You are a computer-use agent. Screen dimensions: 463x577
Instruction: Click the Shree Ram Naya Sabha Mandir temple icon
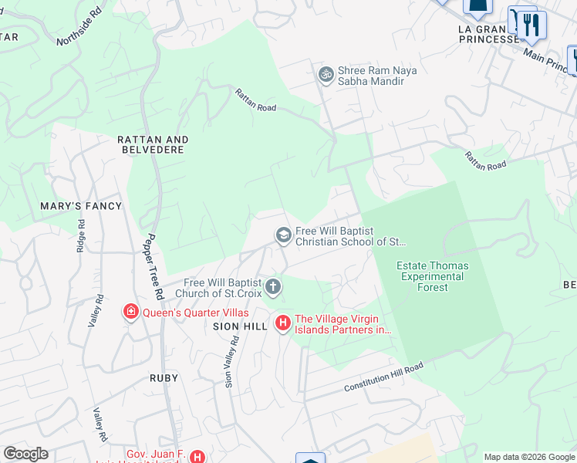(326, 74)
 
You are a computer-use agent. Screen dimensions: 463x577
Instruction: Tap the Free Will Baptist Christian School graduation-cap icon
(283, 235)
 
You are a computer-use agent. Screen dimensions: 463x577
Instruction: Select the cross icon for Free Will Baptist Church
(272, 288)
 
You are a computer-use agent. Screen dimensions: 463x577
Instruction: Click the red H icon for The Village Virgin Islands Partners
(283, 323)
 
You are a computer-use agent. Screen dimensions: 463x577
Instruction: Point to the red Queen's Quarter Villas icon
(131, 312)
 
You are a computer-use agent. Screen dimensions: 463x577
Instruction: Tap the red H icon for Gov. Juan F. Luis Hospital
(197, 457)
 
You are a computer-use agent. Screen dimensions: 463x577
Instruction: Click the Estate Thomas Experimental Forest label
(432, 276)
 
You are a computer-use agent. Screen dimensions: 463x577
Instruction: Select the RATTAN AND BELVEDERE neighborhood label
(151, 144)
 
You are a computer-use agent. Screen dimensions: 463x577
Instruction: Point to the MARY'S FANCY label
(82, 206)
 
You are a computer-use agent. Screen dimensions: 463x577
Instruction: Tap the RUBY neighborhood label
(164, 378)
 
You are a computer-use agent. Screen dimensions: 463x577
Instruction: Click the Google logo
(25, 454)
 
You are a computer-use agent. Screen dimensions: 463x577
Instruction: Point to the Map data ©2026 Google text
(528, 457)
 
